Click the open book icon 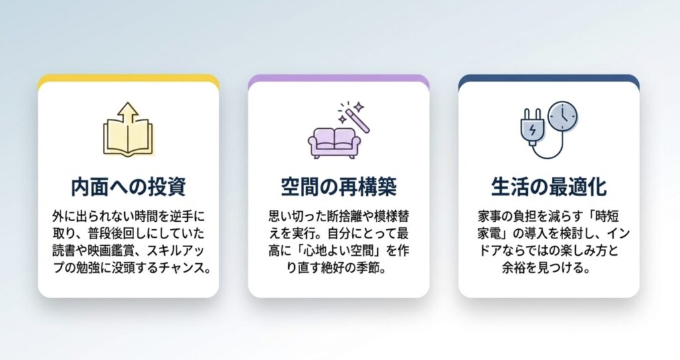tap(127, 138)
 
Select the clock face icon tap(563, 116)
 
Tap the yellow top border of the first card tap(128, 79)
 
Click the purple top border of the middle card tap(339, 79)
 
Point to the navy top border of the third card tap(549, 79)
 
